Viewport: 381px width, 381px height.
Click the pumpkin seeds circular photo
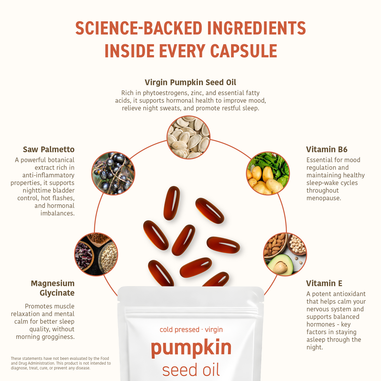188,137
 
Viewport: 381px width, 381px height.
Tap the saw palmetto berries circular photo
113,173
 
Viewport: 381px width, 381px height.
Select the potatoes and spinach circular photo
268,173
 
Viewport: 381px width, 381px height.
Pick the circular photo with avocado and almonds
285,254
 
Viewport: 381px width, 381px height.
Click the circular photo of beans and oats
96,254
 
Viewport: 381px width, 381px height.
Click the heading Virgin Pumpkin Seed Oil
190,82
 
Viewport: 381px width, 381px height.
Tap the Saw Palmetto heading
49,149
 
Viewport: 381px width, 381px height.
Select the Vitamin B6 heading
327,149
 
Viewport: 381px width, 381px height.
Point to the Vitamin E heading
324,283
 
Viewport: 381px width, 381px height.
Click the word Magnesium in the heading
53,283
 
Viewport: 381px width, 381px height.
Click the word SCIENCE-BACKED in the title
138,28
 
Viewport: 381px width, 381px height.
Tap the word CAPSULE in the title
243,51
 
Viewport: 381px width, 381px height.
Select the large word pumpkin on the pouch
191,348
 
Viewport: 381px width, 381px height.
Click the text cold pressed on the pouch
180,330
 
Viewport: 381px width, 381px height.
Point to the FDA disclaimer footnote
61,363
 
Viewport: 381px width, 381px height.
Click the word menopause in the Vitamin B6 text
324,198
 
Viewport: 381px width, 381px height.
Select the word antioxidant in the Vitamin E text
351,294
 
